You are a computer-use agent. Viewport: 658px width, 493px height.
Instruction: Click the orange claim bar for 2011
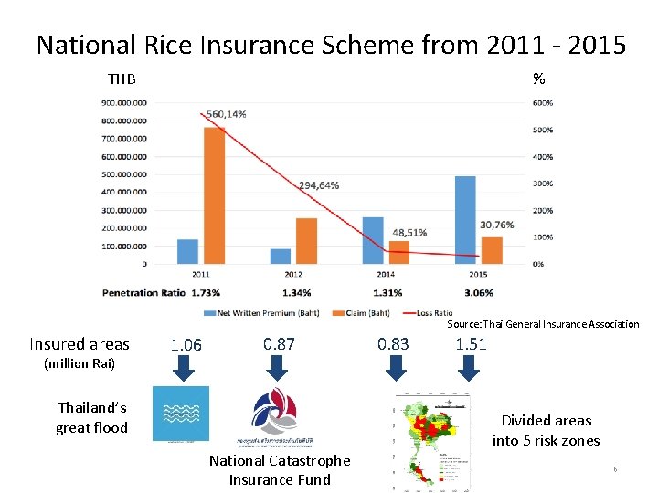(x=214, y=195)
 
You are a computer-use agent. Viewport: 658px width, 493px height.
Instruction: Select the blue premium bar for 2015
(x=465, y=220)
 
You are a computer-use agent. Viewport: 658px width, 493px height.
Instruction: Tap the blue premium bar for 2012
(x=281, y=256)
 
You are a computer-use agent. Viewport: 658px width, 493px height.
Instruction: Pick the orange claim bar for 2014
(x=399, y=252)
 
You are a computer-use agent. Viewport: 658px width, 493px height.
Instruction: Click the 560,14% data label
(x=226, y=114)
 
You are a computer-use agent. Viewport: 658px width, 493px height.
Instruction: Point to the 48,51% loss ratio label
(x=409, y=232)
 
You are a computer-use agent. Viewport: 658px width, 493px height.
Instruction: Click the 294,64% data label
(x=319, y=184)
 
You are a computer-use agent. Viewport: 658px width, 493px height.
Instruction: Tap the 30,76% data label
(x=497, y=225)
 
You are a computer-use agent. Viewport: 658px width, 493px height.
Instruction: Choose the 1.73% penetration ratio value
(x=206, y=293)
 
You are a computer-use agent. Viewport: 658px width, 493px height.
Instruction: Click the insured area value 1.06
(x=186, y=344)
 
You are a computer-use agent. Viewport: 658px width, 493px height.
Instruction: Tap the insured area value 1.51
(x=471, y=344)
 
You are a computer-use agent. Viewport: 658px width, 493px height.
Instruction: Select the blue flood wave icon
(x=180, y=414)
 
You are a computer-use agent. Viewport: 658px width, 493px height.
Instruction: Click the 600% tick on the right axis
(x=542, y=102)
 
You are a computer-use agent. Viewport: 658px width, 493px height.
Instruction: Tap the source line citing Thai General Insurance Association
(x=543, y=324)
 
